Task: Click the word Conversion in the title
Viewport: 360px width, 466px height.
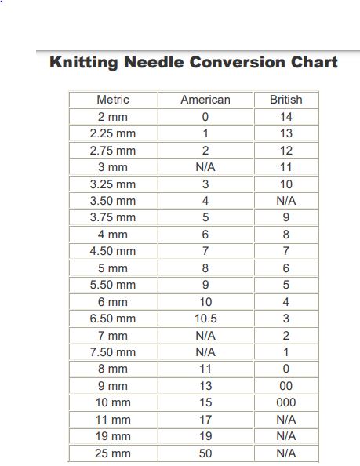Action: [x=234, y=62]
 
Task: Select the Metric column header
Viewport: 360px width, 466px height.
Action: [x=113, y=100]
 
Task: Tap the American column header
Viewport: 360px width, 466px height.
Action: [x=205, y=100]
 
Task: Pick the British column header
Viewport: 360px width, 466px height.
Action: [x=285, y=100]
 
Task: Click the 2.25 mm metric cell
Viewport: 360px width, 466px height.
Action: [x=113, y=133]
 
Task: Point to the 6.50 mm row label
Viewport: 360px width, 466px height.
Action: [x=113, y=319]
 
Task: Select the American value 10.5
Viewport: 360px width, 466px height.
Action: [x=205, y=319]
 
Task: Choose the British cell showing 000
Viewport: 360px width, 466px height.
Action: [x=285, y=402]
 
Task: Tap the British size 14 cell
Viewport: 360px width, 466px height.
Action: [x=285, y=117]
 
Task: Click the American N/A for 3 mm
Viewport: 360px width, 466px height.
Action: [x=205, y=167]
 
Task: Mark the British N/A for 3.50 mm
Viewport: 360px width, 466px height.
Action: [x=285, y=201]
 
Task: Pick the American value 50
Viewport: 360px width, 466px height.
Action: [x=205, y=453]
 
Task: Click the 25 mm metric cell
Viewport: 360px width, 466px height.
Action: [x=113, y=453]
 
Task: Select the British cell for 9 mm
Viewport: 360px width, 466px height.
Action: [x=285, y=386]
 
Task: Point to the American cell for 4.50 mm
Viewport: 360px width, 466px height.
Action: [x=205, y=251]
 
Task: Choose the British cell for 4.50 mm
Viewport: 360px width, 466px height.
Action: [x=285, y=251]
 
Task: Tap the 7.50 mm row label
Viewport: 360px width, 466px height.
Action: [x=113, y=352]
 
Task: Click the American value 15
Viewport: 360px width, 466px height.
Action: [x=205, y=402]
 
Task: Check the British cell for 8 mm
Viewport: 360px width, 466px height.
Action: [x=285, y=369]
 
